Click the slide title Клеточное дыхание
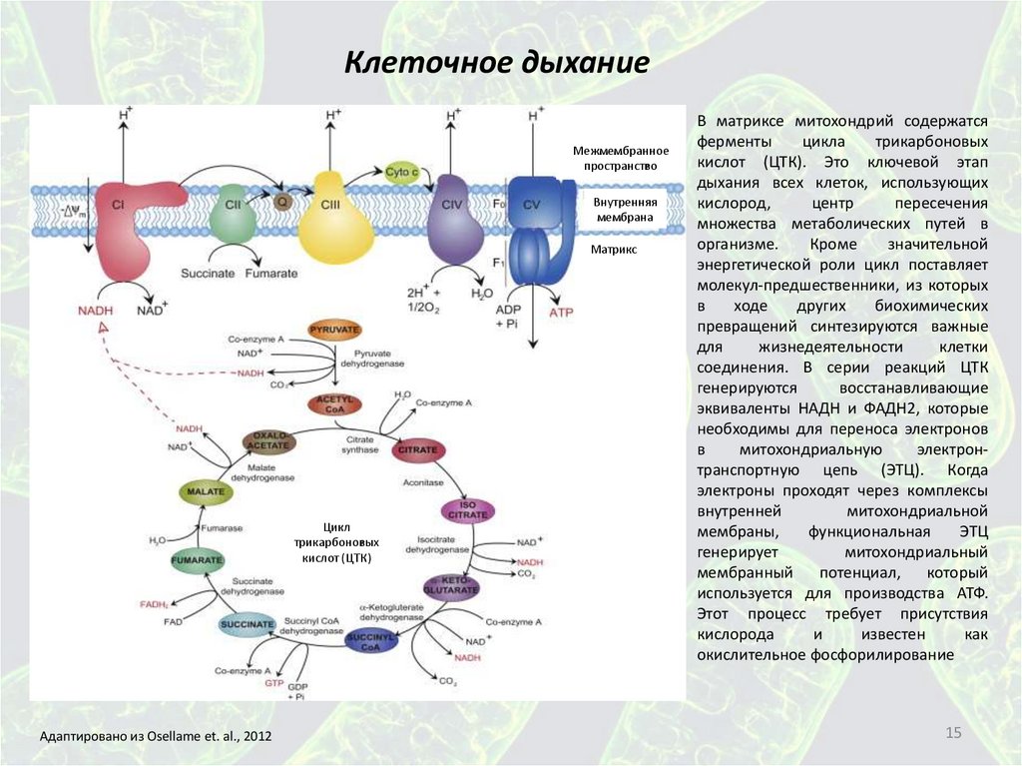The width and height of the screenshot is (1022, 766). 497,64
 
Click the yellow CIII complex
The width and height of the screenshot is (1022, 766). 334,214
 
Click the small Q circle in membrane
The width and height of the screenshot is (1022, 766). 282,201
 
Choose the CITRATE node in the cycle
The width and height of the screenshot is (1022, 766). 418,451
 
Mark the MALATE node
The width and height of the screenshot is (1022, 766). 206,490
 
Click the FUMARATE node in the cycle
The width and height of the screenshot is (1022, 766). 196,560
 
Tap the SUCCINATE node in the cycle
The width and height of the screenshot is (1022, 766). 247,625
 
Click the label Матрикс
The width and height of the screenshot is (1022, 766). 613,250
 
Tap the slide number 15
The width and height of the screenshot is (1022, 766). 952,734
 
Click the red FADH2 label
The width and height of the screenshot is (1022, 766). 153,604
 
